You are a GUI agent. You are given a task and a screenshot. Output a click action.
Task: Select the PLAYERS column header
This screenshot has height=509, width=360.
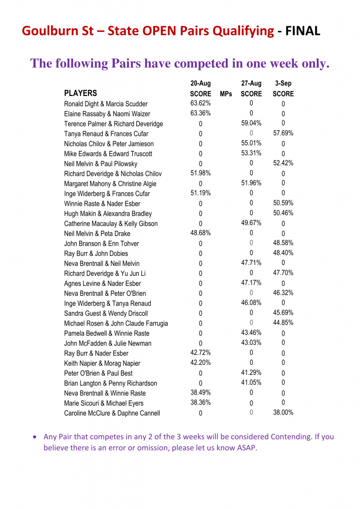click(81, 93)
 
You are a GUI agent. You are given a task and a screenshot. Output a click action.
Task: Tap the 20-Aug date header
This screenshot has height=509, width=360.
click(200, 84)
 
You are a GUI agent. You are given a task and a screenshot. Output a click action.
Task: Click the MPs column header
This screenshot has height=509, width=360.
click(226, 93)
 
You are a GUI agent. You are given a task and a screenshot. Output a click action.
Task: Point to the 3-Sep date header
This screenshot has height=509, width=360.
click(283, 84)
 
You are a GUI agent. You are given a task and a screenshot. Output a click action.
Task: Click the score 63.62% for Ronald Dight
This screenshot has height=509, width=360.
click(200, 103)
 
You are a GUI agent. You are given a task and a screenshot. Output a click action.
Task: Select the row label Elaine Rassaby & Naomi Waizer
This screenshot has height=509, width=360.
click(107, 114)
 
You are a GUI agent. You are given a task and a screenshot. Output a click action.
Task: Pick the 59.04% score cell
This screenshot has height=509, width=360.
click(251, 123)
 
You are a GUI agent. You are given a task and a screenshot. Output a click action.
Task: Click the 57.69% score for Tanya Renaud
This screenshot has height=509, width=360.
click(283, 133)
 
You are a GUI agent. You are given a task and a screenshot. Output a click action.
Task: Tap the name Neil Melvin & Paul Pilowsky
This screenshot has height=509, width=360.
click(100, 164)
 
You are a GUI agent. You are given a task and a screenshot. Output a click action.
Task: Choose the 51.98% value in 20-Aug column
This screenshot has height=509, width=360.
click(200, 173)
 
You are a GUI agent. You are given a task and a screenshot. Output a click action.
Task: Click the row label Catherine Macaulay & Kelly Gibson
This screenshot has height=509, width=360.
click(111, 224)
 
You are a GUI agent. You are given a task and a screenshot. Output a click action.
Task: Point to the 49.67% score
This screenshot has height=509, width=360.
click(251, 223)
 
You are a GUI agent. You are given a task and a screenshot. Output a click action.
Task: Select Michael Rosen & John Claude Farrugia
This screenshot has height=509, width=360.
click(116, 323)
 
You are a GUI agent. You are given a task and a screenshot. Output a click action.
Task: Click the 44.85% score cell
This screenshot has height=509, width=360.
click(283, 323)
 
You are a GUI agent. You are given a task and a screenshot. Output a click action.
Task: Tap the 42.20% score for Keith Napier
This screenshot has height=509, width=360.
click(200, 362)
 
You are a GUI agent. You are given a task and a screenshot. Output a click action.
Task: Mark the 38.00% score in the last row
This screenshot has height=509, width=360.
click(283, 412)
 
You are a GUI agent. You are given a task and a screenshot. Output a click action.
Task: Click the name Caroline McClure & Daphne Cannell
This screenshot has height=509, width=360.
click(112, 413)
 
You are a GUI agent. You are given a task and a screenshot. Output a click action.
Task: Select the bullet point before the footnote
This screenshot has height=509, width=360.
click(34, 437)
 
